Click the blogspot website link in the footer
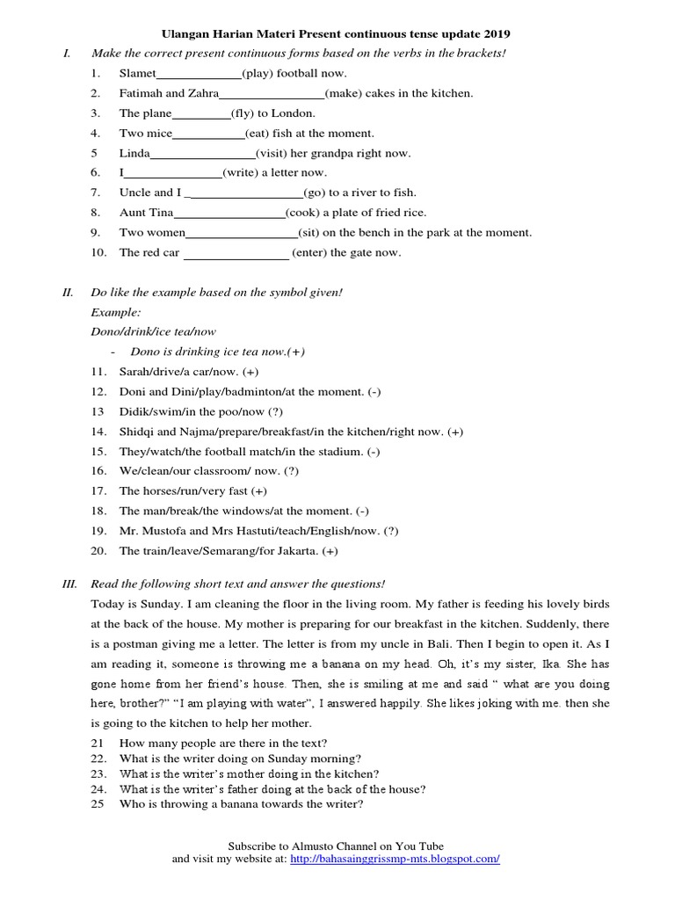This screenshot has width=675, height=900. pyautogui.click(x=395, y=859)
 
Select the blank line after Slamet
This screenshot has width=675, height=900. pyautogui.click(x=199, y=75)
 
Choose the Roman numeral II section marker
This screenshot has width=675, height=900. pyautogui.click(x=68, y=292)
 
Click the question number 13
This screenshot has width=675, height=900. pyautogui.click(x=98, y=411)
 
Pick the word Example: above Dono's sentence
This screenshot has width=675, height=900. pyautogui.click(x=116, y=312)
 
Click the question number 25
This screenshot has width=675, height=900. pyautogui.click(x=98, y=804)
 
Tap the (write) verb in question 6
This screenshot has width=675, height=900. pyautogui.click(x=240, y=173)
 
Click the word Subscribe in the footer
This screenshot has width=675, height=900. pyautogui.click(x=255, y=845)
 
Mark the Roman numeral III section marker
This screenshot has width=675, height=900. pyautogui.click(x=69, y=584)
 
